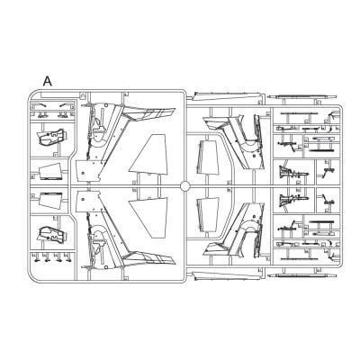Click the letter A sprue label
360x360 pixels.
pyautogui.click(x=48, y=81)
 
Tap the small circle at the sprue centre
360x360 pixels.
pyautogui.click(x=184, y=186)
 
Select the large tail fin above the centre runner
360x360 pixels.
pyautogui.click(x=148, y=154)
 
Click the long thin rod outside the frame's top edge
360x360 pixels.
pyautogui.click(x=301, y=97)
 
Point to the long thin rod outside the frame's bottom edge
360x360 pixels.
pyautogui.click(x=301, y=275)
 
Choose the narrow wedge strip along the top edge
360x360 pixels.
pyautogui.click(x=227, y=96)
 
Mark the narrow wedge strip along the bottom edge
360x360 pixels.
pyautogui.click(x=227, y=276)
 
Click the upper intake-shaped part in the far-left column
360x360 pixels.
pyautogui.click(x=51, y=138)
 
